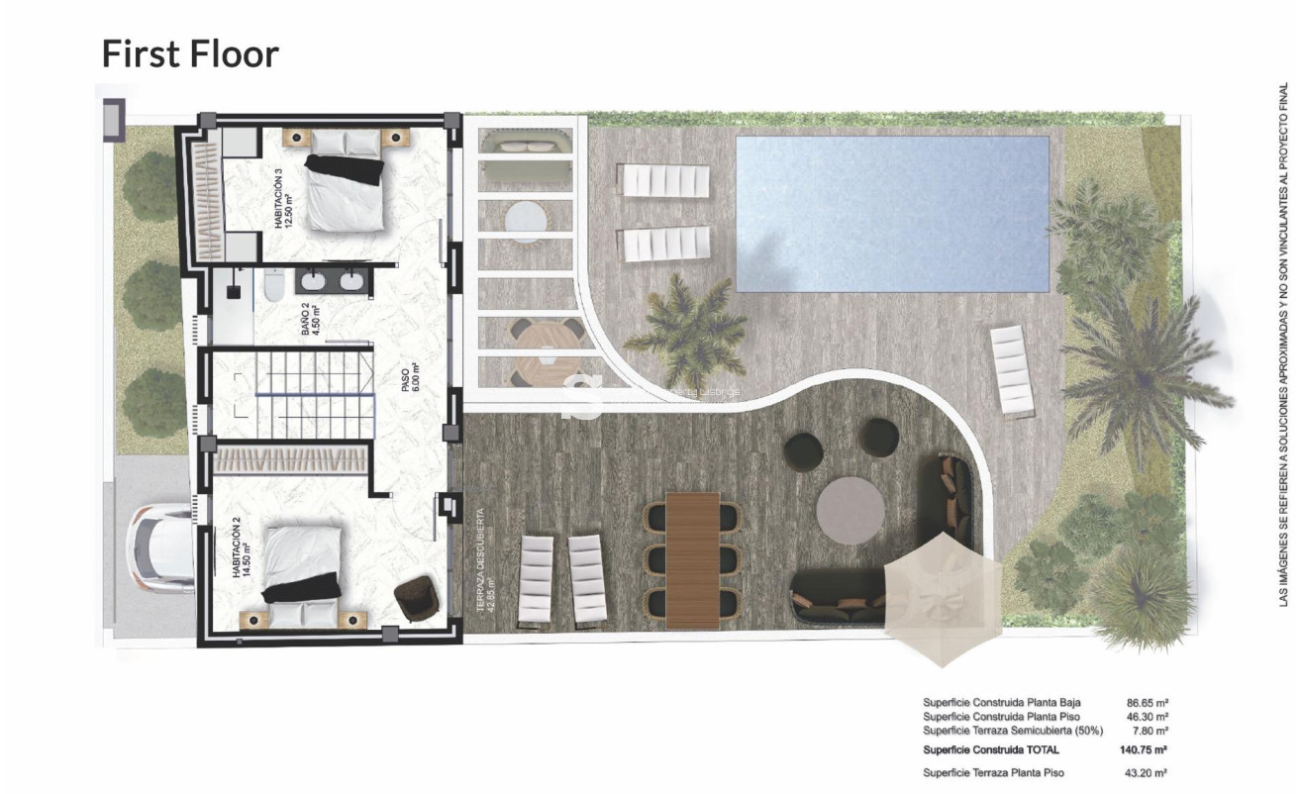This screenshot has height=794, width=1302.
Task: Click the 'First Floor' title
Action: (x=190, y=53)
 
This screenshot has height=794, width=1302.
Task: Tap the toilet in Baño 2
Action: (x=273, y=285)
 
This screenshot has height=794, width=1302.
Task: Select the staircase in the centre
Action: (x=314, y=393)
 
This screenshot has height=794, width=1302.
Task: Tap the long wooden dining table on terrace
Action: (x=692, y=559)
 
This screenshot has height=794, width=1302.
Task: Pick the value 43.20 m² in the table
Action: (x=1148, y=772)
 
